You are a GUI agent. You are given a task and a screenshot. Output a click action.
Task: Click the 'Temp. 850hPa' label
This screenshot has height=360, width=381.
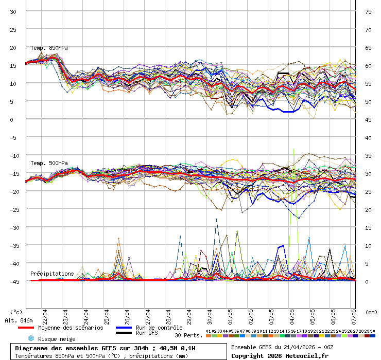(x=49, y=48)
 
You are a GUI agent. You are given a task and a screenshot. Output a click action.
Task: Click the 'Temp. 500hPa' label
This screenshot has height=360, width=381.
(x=49, y=163)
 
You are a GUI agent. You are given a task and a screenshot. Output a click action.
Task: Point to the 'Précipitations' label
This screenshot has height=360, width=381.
(x=52, y=274)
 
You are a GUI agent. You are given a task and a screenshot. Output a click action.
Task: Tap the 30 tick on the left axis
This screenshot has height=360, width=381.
(x=13, y=11)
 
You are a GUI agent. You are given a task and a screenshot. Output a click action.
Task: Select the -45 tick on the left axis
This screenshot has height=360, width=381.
(x=13, y=281)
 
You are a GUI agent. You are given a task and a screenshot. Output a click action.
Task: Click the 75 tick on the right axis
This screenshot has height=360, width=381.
(x=368, y=11)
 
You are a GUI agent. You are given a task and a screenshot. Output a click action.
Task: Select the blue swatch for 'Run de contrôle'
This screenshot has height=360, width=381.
(x=124, y=328)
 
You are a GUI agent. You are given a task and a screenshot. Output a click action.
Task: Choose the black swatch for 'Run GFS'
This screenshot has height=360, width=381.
(x=124, y=333)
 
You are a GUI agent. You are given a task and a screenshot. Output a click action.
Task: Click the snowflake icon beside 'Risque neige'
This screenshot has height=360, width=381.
(x=30, y=338)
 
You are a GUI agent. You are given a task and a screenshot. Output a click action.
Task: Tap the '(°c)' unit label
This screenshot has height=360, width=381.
(x=16, y=312)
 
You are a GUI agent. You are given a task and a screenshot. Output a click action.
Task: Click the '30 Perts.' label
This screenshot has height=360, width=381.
(x=188, y=335)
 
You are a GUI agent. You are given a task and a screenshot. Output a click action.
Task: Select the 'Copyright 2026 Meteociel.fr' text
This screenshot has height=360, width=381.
(x=280, y=355)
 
